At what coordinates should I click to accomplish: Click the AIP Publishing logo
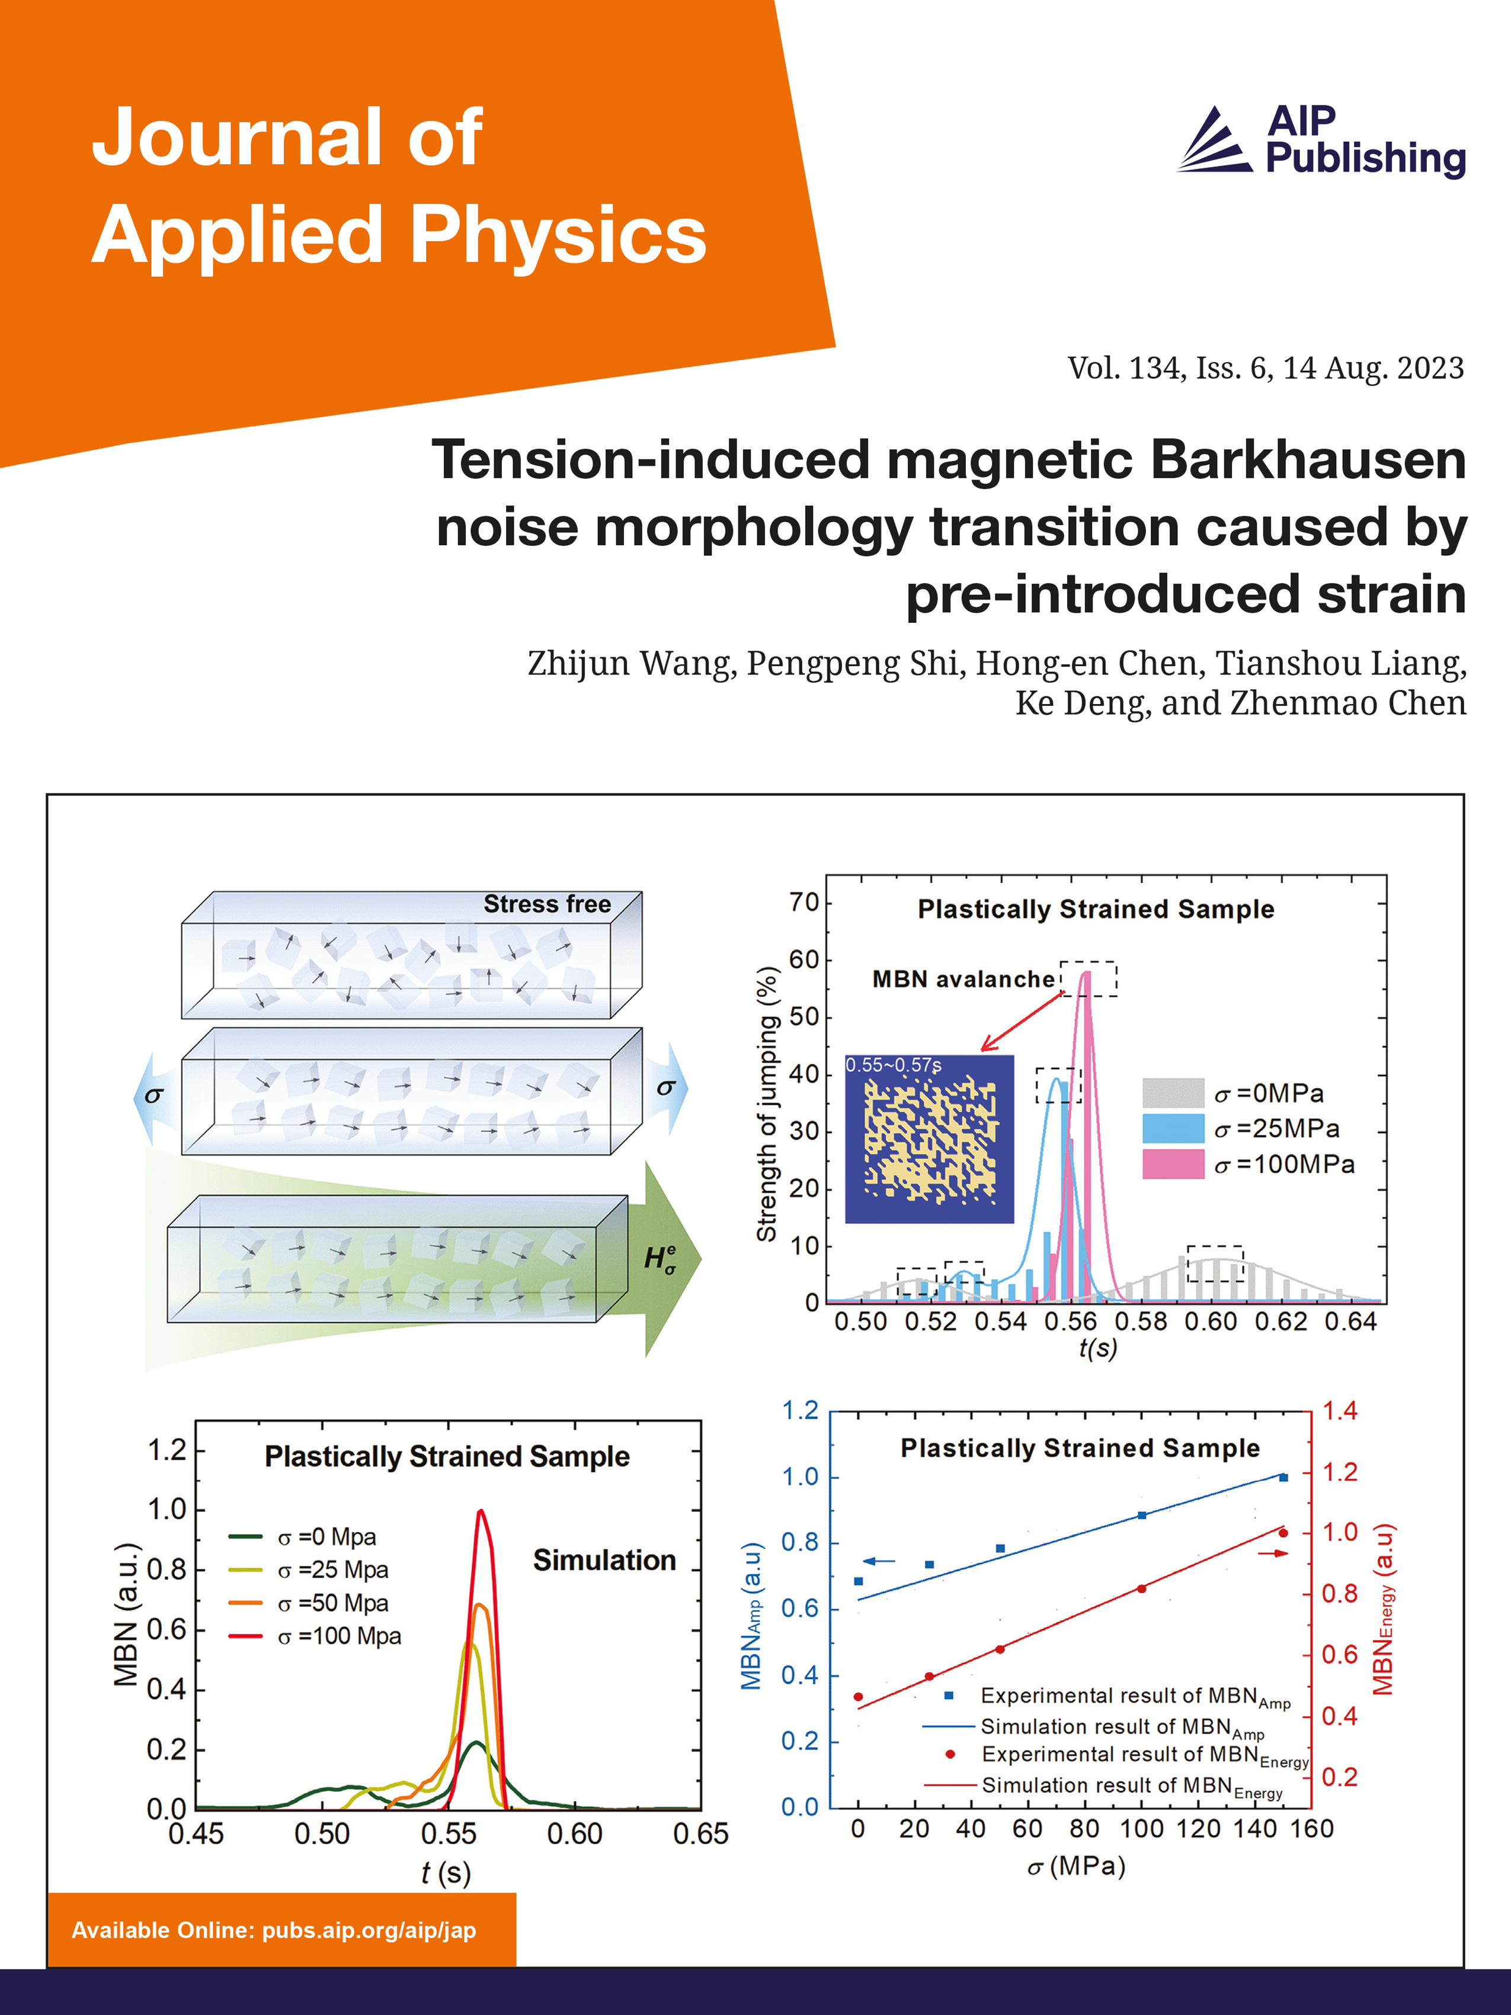tap(1321, 141)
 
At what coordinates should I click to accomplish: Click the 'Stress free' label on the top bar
tap(546, 904)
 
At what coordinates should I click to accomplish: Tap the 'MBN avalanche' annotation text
tap(963, 979)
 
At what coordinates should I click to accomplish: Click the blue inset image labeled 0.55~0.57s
tap(929, 1138)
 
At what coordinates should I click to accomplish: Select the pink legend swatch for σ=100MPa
tap(1173, 1164)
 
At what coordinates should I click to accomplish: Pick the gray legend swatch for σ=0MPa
tap(1173, 1092)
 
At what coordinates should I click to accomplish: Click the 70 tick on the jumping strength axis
tap(804, 903)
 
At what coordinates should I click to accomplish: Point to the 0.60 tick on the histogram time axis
tap(1211, 1321)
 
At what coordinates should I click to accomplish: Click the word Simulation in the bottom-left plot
tap(604, 1560)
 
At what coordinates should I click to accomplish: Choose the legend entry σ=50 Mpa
tap(334, 1603)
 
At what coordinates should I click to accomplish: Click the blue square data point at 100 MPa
tap(1142, 1515)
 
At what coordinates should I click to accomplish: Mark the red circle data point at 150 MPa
tap(1283, 1532)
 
